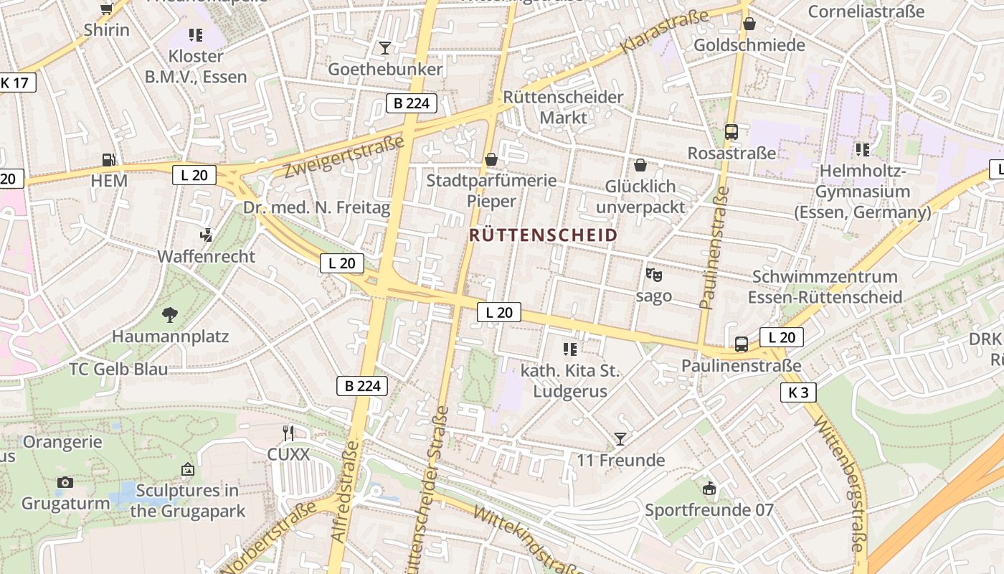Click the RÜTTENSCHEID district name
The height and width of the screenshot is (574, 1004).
[543, 235]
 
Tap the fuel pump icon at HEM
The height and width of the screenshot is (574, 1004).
[108, 160]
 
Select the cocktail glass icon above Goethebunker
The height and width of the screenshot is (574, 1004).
[385, 48]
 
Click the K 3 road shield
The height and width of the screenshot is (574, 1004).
[798, 392]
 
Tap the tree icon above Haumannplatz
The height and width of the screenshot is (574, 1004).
[170, 314]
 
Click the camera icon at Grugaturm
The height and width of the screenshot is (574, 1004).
[65, 482]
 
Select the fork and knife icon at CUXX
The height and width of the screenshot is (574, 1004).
[288, 433]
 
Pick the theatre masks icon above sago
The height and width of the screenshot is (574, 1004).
[653, 274]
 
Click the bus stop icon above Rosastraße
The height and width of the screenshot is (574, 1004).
[731, 132]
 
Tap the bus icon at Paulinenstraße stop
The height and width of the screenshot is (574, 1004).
[742, 344]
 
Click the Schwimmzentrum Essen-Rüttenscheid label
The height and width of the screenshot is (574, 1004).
[825, 287]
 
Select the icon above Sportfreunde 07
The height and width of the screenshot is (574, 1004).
[709, 489]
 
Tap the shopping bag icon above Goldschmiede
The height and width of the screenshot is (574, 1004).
[749, 24]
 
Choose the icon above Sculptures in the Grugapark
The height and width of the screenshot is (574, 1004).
[187, 469]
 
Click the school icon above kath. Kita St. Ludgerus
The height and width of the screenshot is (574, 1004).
[570, 349]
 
